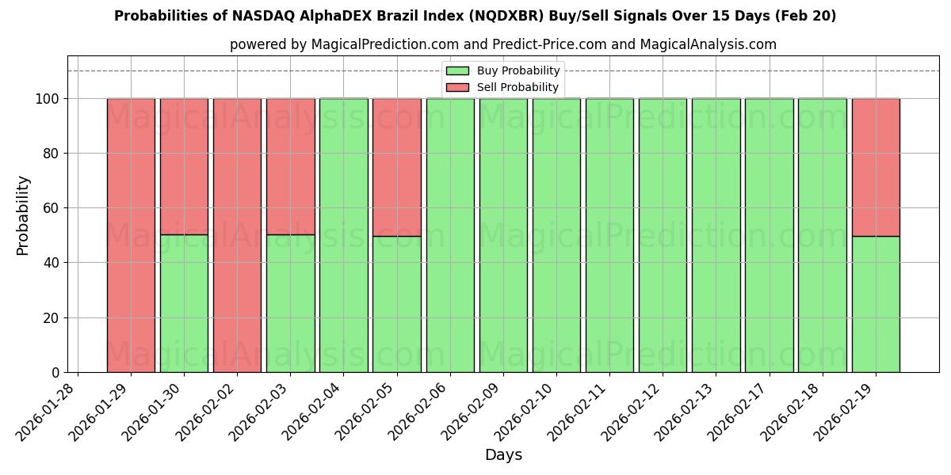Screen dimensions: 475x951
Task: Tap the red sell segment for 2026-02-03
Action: coord(290,166)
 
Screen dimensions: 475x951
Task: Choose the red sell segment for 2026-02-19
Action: coord(876,167)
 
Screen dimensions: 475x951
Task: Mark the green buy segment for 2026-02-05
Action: coord(396,304)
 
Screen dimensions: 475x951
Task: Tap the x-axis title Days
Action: coord(503,455)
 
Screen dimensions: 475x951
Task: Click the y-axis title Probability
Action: coord(23,215)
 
